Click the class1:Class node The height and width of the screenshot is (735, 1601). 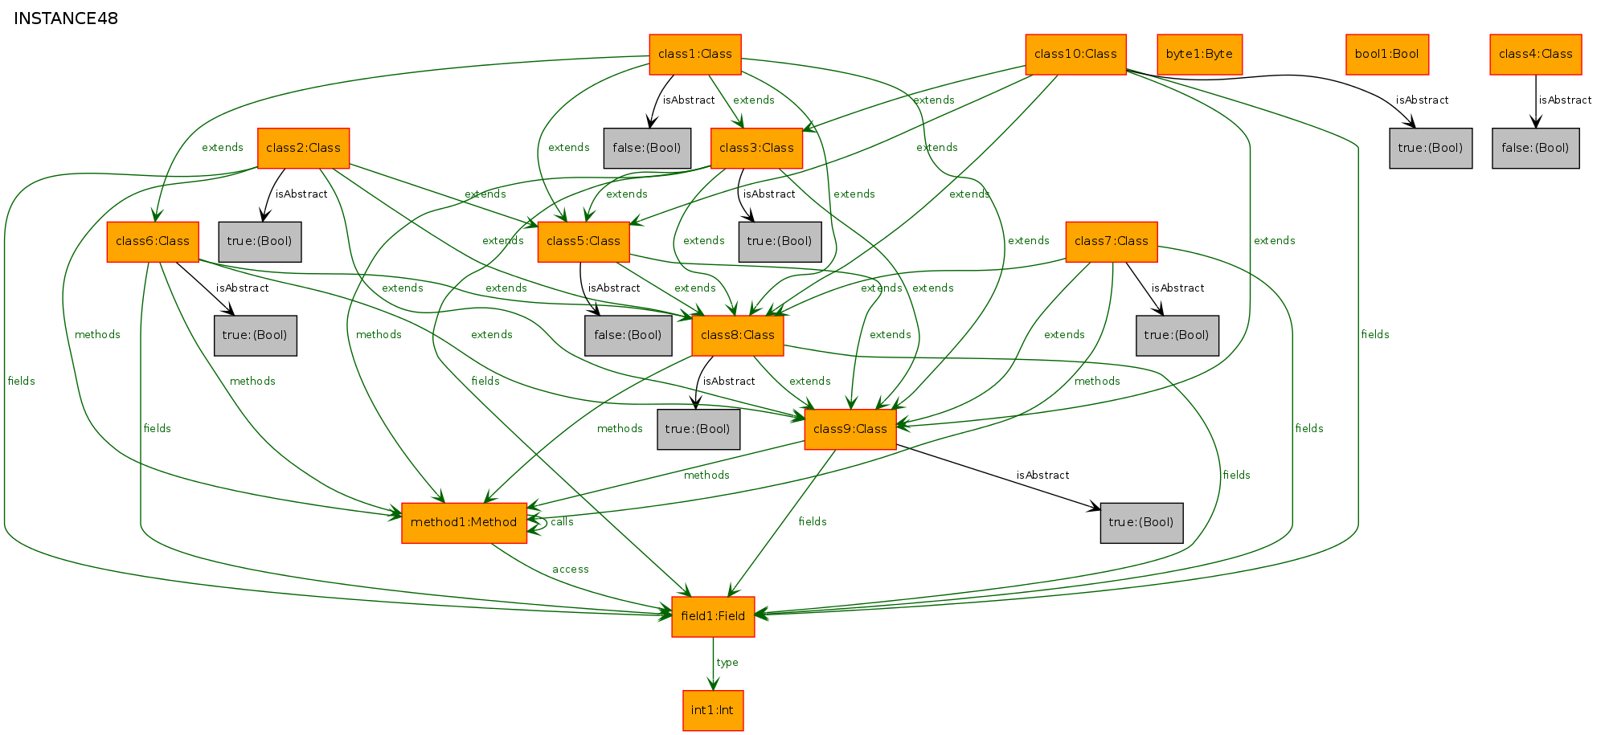pyautogui.click(x=695, y=55)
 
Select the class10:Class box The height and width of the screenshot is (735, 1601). pyautogui.click(x=1075, y=55)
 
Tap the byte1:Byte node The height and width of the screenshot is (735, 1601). pyautogui.click(x=1199, y=55)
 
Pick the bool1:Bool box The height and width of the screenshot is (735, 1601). pyautogui.click(x=1386, y=55)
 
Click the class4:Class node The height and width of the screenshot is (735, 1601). pyautogui.click(x=1535, y=55)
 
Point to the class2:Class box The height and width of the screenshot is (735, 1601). pyautogui.click(x=303, y=149)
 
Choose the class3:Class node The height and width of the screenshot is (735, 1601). pyautogui.click(x=756, y=149)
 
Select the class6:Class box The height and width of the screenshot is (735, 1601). pyautogui.click(x=153, y=242)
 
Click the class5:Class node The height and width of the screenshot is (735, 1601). pyautogui.click(x=583, y=242)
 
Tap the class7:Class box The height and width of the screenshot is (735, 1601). pyautogui.click(x=1112, y=242)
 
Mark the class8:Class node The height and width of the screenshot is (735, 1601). pyautogui.click(x=738, y=336)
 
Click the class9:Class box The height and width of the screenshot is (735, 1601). pyautogui.click(x=850, y=430)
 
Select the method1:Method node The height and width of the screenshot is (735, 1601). pyautogui.click(x=464, y=523)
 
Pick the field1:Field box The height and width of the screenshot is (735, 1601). pyautogui.click(x=713, y=617)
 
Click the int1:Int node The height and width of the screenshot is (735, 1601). pyautogui.click(x=713, y=711)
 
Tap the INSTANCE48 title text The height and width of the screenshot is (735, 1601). pyautogui.click(x=66, y=18)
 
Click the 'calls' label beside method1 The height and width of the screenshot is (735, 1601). pyautogui.click(x=562, y=522)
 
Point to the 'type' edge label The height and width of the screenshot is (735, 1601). pyautogui.click(x=727, y=663)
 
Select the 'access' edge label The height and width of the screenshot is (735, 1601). pyautogui.click(x=571, y=570)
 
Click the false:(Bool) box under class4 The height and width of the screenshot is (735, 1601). pyautogui.click(x=1535, y=149)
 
